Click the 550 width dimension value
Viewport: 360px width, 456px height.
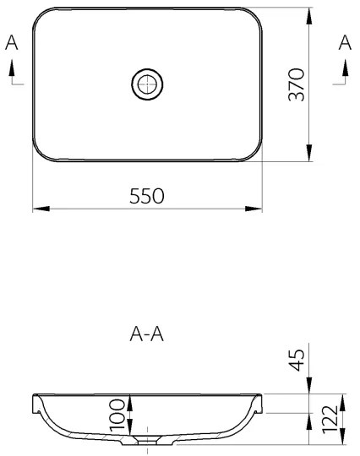(x=146, y=195)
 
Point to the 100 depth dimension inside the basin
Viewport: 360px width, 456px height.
(x=117, y=412)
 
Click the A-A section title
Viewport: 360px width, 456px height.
(x=146, y=335)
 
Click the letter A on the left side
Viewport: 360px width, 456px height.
(x=12, y=44)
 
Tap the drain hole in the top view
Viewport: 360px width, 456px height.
(x=147, y=84)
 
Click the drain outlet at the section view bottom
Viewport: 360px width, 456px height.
(x=147, y=441)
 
